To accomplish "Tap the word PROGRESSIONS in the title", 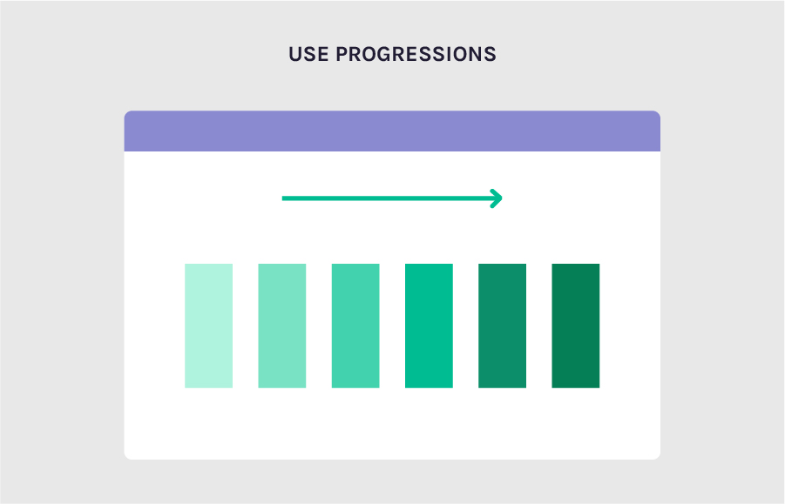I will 416,54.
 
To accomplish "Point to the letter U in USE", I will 295,54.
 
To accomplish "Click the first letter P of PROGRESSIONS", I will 342,54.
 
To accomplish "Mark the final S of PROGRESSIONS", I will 491,54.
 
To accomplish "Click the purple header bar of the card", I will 392,131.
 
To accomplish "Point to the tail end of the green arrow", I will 285,198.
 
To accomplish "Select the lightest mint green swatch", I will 208,326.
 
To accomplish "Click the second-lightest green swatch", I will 281,326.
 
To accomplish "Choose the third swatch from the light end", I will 355,326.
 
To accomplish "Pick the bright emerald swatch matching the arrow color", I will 429,326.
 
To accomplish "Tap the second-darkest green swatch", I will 502,326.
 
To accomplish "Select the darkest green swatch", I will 576,326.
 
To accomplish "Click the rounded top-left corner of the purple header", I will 128,115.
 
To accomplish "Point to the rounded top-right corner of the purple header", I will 656,115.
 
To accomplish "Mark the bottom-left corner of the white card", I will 128,455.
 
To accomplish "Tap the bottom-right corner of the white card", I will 656,455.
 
